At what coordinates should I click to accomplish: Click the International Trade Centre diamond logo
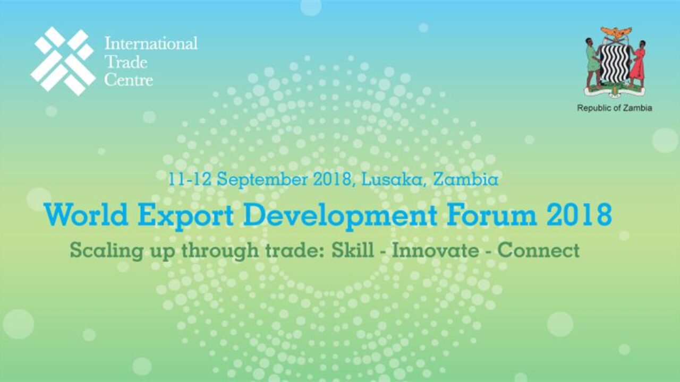63,61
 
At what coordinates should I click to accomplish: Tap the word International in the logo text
151,44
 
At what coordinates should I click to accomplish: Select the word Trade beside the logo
126,62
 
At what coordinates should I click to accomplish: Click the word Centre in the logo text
129,80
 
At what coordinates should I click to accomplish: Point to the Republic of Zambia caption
615,108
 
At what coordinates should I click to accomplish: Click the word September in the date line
262,179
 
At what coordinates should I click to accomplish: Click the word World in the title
86,215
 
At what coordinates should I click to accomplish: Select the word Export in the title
185,216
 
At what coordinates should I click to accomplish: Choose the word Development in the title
341,216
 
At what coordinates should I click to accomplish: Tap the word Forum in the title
491,215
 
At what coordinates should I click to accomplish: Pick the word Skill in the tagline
352,250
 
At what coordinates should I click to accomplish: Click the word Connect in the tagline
539,250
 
